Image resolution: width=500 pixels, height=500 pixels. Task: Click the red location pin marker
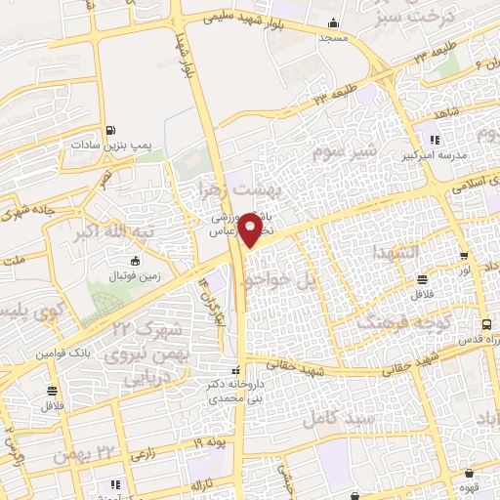[252, 229]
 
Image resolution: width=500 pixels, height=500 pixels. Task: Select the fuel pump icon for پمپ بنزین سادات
[111, 130]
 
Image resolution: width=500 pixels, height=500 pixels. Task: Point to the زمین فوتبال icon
[135, 262]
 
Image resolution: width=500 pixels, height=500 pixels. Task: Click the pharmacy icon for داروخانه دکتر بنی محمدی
[234, 371]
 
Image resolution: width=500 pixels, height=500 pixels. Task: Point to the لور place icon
[463, 256]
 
